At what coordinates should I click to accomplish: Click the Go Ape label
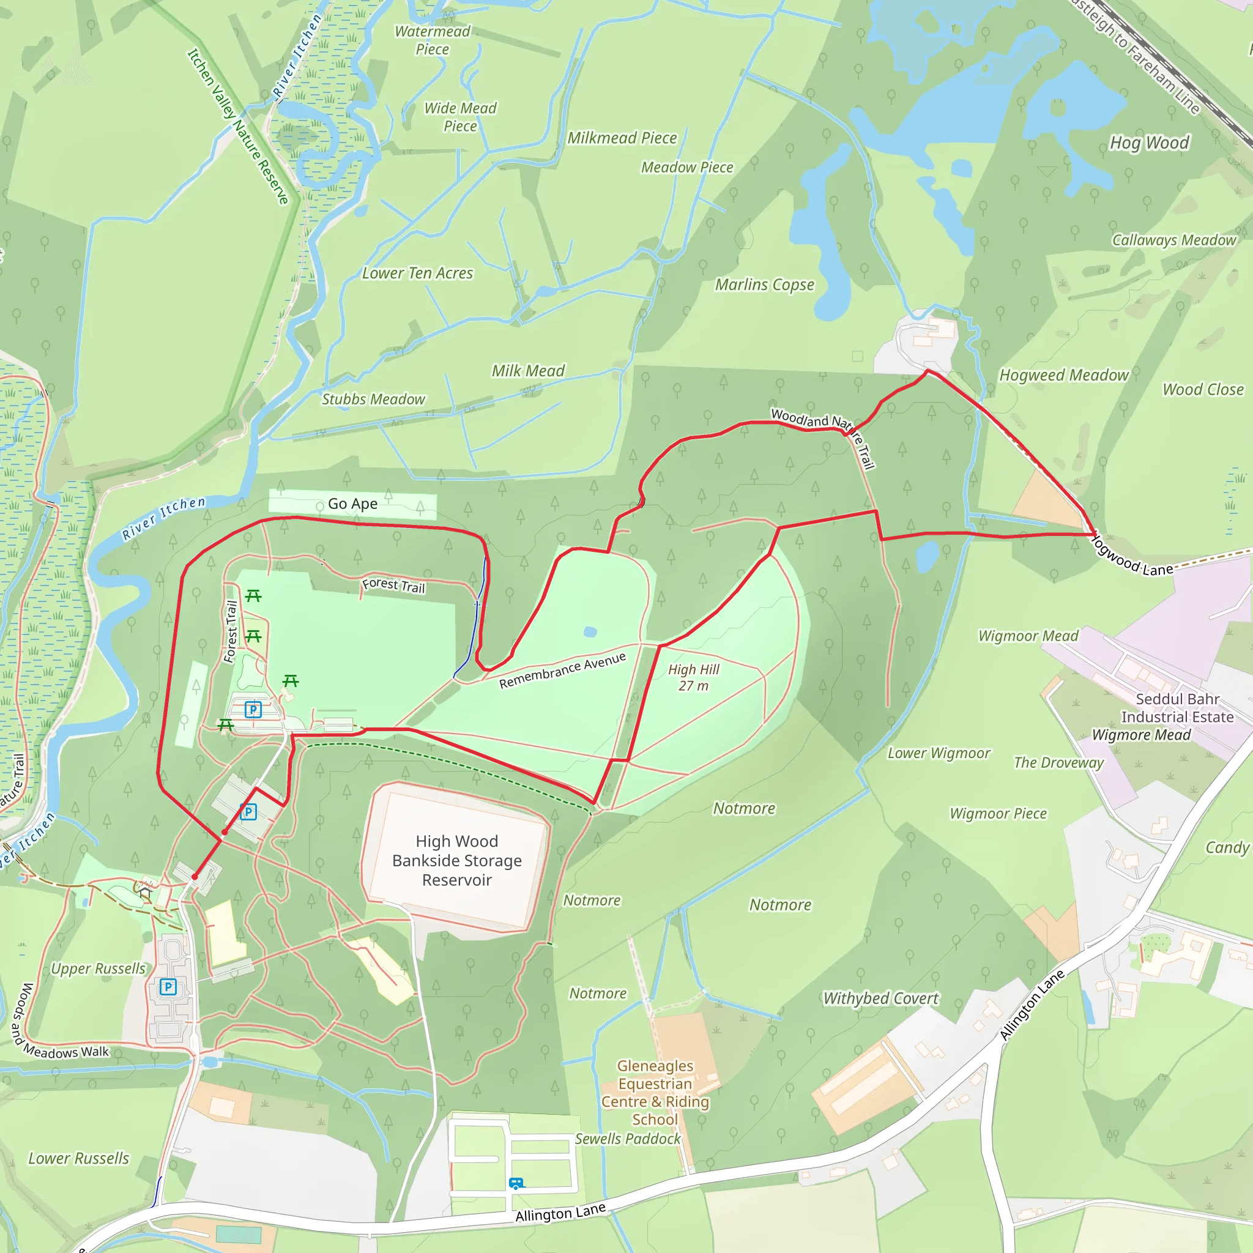click(352, 504)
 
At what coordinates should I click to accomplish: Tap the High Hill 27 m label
click(693, 678)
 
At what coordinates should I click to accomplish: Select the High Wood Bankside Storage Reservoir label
click(456, 861)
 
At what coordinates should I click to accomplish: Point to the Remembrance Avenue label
click(562, 671)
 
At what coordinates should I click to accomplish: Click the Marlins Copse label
click(765, 284)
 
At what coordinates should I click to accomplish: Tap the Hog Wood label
click(1149, 143)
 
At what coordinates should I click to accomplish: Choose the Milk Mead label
click(528, 371)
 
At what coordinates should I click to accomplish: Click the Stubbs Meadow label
click(374, 400)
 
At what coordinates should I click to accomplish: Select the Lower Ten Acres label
click(418, 273)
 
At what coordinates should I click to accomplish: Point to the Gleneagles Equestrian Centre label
click(655, 1092)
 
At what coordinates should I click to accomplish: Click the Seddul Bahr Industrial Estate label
click(1177, 708)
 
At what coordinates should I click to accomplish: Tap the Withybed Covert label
click(880, 998)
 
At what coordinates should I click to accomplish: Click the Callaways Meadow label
click(1174, 240)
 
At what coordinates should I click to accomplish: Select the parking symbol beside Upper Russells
click(168, 987)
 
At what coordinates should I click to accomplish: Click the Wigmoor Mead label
click(1028, 636)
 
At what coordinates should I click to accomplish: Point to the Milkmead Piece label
click(622, 138)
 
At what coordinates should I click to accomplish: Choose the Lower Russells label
click(78, 1158)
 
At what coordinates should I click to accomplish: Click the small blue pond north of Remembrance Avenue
click(590, 631)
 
